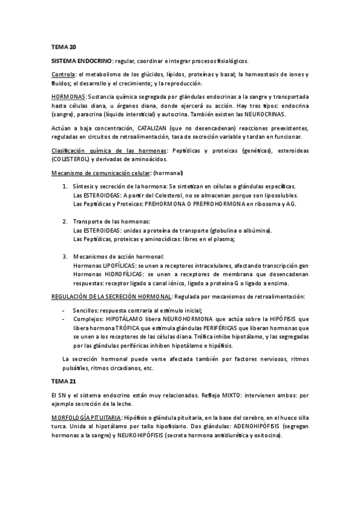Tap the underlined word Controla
pyautogui.click(x=63, y=75)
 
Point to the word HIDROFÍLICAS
pyautogui.click(x=120, y=274)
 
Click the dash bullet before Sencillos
pyautogui.click(x=64, y=310)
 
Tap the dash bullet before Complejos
pyautogui.click(x=64, y=319)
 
